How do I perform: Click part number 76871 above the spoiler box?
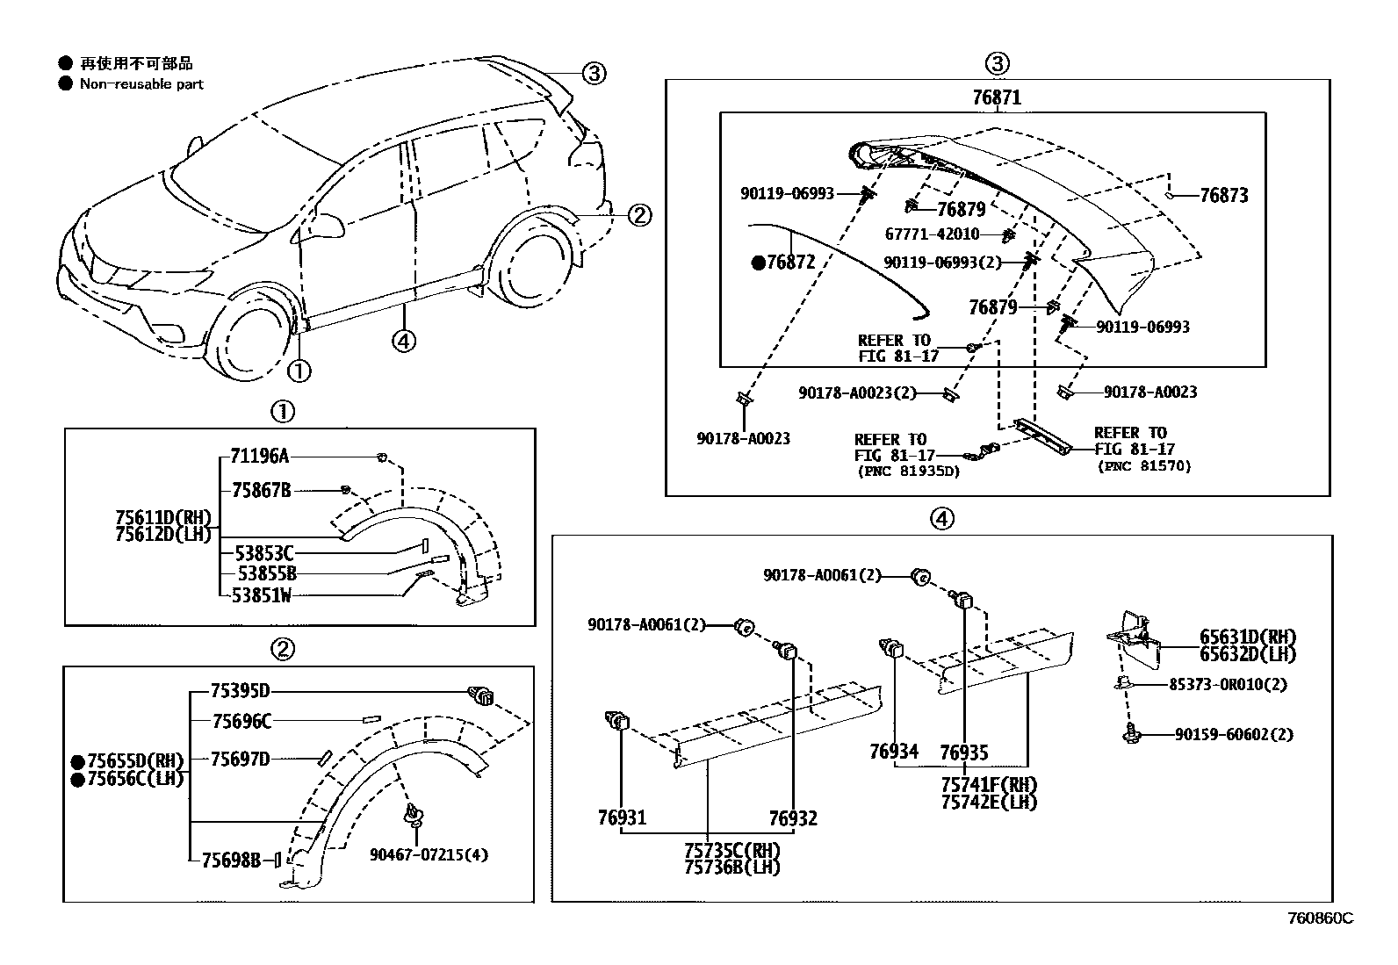click(x=996, y=97)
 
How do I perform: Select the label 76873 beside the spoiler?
click(x=1223, y=196)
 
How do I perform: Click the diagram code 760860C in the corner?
click(x=1320, y=918)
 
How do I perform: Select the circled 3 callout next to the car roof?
click(x=595, y=73)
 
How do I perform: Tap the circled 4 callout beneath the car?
click(x=403, y=341)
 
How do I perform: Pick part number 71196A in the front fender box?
click(x=260, y=456)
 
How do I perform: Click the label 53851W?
click(x=262, y=595)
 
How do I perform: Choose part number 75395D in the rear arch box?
click(x=241, y=691)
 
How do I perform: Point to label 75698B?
click(x=231, y=860)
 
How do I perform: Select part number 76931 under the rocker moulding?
click(x=622, y=817)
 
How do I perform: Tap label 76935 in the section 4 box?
click(x=963, y=752)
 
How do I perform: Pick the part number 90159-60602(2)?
click(x=1234, y=734)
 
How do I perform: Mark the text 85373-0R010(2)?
click(x=1228, y=684)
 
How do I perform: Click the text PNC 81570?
click(x=1144, y=466)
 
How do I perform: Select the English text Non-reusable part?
click(x=141, y=84)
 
